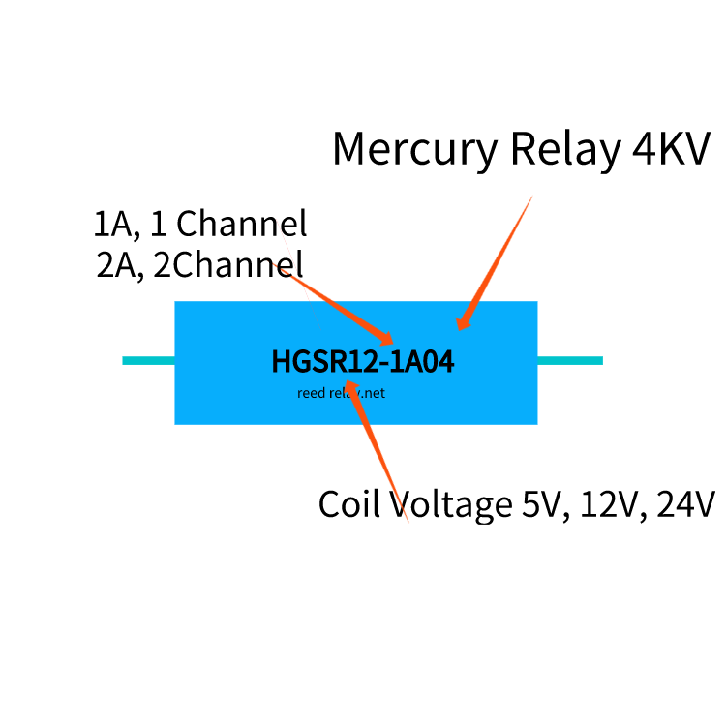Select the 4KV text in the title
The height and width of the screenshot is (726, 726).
[x=672, y=149]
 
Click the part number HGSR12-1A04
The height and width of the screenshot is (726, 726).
[x=363, y=362]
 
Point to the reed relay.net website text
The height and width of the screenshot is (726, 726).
[x=341, y=393]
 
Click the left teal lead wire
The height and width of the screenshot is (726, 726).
[x=148, y=361]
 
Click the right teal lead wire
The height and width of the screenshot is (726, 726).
[x=570, y=361]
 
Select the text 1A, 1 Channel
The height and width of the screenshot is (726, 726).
[x=200, y=225]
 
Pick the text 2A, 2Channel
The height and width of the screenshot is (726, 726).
[x=199, y=264]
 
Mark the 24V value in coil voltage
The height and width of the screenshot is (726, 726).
[x=685, y=504]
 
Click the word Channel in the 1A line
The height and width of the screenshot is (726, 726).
[x=242, y=225]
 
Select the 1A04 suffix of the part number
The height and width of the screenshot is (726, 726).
[x=423, y=362]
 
